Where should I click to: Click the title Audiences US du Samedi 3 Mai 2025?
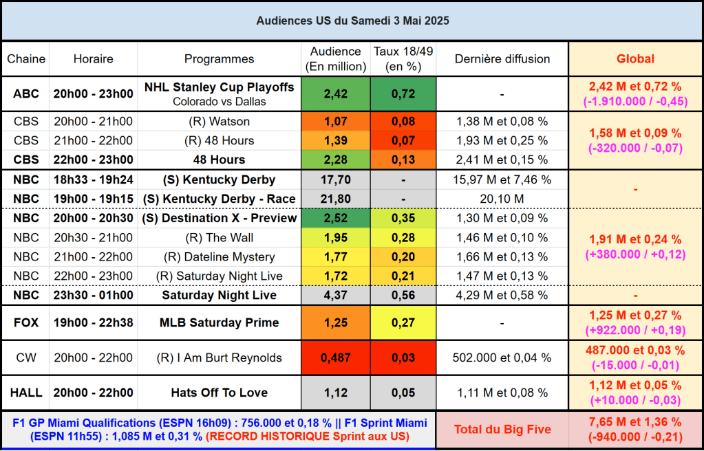[352, 21]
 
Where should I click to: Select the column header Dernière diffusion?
[502, 59]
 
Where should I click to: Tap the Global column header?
[635, 59]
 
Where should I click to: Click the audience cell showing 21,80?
[335, 199]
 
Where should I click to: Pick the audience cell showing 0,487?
[335, 357]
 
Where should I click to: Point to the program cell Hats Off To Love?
[220, 393]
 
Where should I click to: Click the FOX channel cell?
[26, 322]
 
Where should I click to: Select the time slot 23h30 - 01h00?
[94, 296]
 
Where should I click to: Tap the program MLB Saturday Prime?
[220, 322]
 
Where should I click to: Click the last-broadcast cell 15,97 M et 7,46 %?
[502, 180]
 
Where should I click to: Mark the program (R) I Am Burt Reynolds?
[220, 357]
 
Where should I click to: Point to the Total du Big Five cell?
[502, 430]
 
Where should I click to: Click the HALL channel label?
[26, 393]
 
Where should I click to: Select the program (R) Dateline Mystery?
[220, 257]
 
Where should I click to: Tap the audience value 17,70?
[335, 180]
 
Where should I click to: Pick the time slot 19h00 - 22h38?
[94, 322]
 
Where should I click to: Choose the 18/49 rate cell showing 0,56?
[403, 296]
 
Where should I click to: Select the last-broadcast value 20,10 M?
[502, 199]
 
